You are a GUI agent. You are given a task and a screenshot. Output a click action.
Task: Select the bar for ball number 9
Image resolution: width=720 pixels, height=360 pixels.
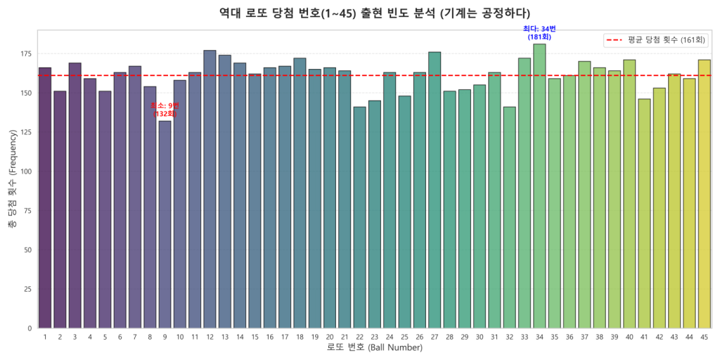pyautogui.click(x=165, y=225)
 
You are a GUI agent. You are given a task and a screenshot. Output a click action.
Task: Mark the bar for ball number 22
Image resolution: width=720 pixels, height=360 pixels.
pyautogui.click(x=359, y=217)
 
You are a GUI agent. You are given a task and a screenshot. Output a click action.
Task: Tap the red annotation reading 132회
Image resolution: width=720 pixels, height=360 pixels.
pyautogui.click(x=165, y=113)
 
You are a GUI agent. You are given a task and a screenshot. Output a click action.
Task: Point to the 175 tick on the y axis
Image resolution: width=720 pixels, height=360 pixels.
pyautogui.click(x=26, y=54)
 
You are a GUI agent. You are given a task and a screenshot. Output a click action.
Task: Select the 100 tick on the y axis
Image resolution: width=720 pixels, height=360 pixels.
pyautogui.click(x=26, y=172)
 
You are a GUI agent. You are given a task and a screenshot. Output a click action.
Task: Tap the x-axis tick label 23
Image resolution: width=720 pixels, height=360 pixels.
pyautogui.click(x=374, y=337)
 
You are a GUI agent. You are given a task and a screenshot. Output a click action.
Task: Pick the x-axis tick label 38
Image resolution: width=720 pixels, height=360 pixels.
pyautogui.click(x=599, y=337)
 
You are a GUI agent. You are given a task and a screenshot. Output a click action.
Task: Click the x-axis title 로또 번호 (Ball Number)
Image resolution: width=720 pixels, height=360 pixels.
pyautogui.click(x=374, y=348)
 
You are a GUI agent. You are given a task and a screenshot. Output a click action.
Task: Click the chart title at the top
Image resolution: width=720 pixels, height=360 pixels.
pyautogui.click(x=374, y=13)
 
